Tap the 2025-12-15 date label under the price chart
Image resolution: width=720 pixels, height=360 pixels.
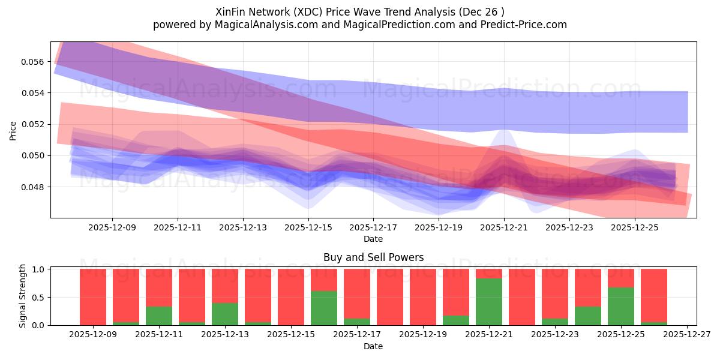point(308,228)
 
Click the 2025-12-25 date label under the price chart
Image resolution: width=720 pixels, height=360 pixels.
point(635,228)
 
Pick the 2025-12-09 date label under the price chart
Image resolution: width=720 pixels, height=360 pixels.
point(112,228)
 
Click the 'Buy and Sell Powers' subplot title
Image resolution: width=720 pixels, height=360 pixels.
point(373,257)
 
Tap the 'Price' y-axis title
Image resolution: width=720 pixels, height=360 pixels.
point(13,130)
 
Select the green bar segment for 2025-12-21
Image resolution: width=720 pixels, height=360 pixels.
point(489,302)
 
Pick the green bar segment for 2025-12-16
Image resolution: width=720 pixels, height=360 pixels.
point(324,308)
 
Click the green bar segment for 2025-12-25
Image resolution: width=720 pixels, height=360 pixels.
point(621,306)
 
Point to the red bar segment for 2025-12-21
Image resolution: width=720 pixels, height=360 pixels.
point(489,274)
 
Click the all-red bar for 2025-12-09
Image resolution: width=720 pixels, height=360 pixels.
point(93,297)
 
